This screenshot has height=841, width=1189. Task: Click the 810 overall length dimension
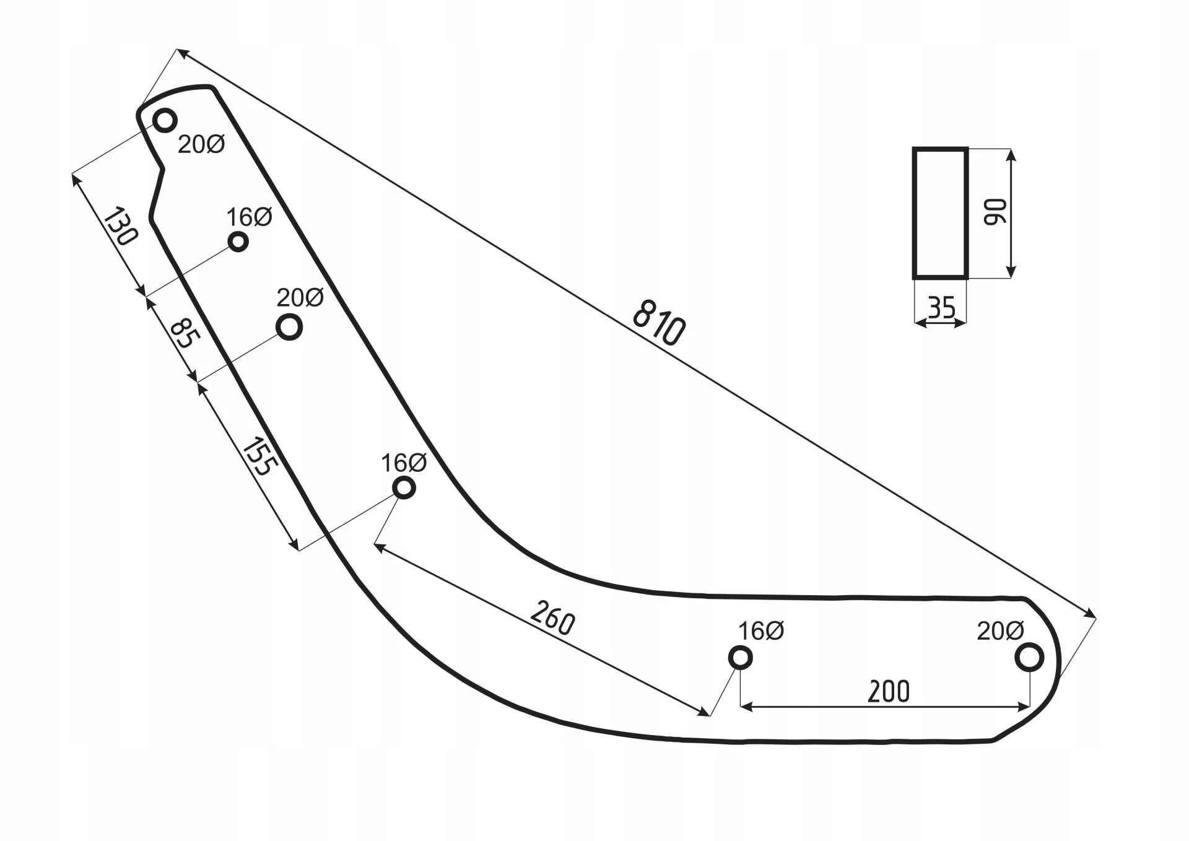pyautogui.click(x=659, y=322)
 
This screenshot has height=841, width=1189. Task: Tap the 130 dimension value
pyautogui.click(x=121, y=227)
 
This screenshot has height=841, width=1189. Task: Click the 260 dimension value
pyautogui.click(x=553, y=617)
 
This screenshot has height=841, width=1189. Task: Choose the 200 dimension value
pyautogui.click(x=889, y=692)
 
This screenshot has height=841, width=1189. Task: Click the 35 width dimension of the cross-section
pyautogui.click(x=942, y=307)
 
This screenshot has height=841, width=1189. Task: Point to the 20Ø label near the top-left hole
pyautogui.click(x=201, y=144)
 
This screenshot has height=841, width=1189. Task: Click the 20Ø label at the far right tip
pyautogui.click(x=1001, y=631)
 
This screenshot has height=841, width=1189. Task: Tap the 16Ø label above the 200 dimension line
pyautogui.click(x=761, y=631)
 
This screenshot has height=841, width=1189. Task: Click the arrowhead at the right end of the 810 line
pyautogui.click(x=1088, y=612)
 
